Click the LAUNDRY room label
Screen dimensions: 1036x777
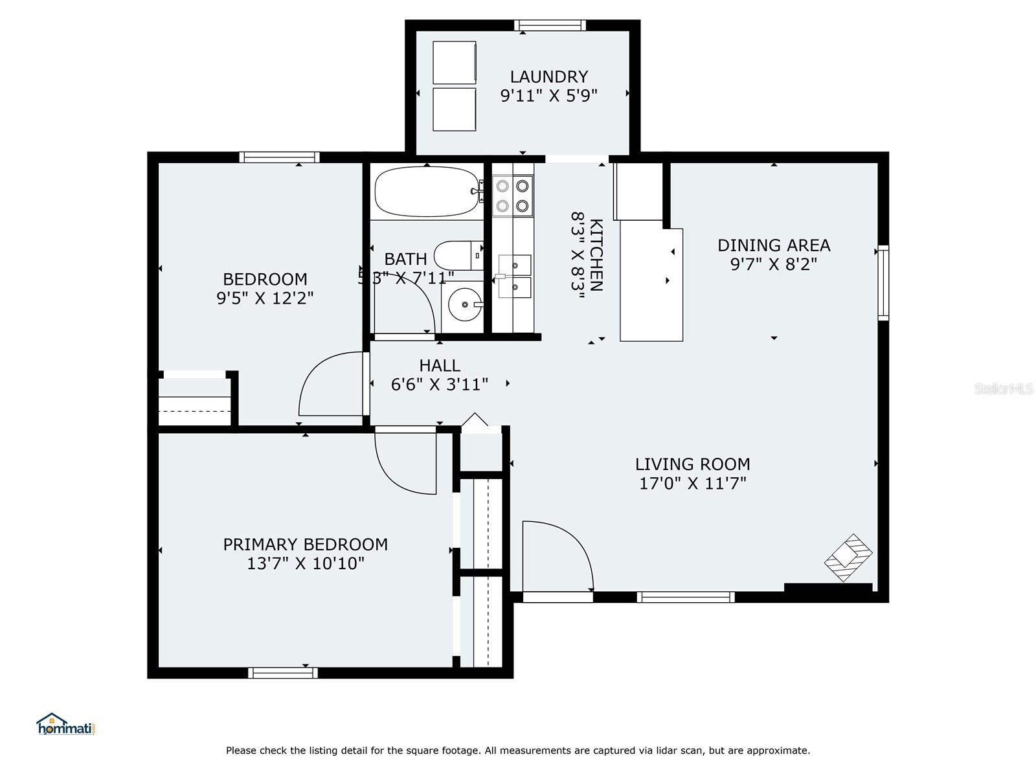pos(548,76)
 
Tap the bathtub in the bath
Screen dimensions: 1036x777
pos(427,191)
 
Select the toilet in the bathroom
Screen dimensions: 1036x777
pos(458,255)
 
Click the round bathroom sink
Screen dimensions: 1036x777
pos(465,304)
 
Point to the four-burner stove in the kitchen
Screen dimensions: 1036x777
pos(513,196)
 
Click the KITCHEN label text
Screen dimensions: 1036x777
pos(596,254)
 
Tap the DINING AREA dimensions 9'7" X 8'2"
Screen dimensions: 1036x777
pos(773,264)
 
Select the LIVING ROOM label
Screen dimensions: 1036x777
pos(692,464)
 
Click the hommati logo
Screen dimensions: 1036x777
pos(66,724)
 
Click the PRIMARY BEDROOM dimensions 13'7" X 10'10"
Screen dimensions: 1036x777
pos(306,563)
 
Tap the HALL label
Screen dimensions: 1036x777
pos(440,366)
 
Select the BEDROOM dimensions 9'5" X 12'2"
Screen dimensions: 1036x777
pos(265,298)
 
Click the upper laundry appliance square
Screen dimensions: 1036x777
pos(454,63)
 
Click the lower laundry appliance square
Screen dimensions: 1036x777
pos(454,109)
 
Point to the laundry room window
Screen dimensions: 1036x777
pos(550,25)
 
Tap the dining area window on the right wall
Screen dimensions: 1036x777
pos(883,283)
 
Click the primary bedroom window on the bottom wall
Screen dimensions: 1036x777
pos(283,673)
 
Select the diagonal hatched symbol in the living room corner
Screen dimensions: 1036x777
pos(848,557)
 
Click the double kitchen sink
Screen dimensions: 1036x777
pos(515,276)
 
